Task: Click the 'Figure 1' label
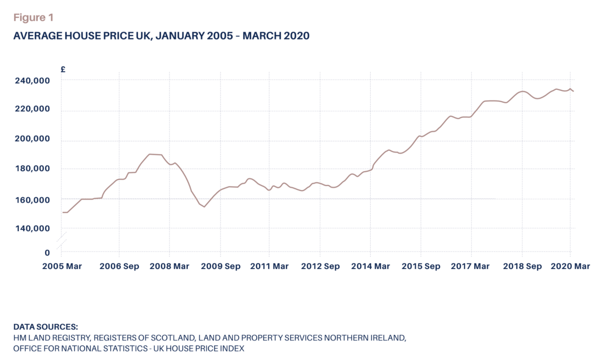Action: click(33, 17)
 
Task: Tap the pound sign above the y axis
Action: click(63, 69)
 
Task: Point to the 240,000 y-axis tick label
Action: click(33, 80)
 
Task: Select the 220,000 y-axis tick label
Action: click(33, 109)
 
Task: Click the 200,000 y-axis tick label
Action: click(33, 139)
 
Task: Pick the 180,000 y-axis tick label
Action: click(33, 169)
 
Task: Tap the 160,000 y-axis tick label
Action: click(33, 200)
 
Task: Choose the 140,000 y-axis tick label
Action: click(33, 228)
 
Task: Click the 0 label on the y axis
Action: click(47, 253)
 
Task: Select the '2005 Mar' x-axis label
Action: click(62, 266)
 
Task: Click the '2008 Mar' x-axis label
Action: click(169, 266)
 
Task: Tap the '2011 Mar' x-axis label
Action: click(269, 266)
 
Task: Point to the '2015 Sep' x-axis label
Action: click(421, 266)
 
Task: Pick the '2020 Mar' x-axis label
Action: click(570, 266)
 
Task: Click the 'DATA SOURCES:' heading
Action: click(46, 327)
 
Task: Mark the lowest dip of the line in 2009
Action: click(204, 207)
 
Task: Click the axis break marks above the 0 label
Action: click(61, 241)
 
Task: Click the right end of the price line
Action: click(573, 91)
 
